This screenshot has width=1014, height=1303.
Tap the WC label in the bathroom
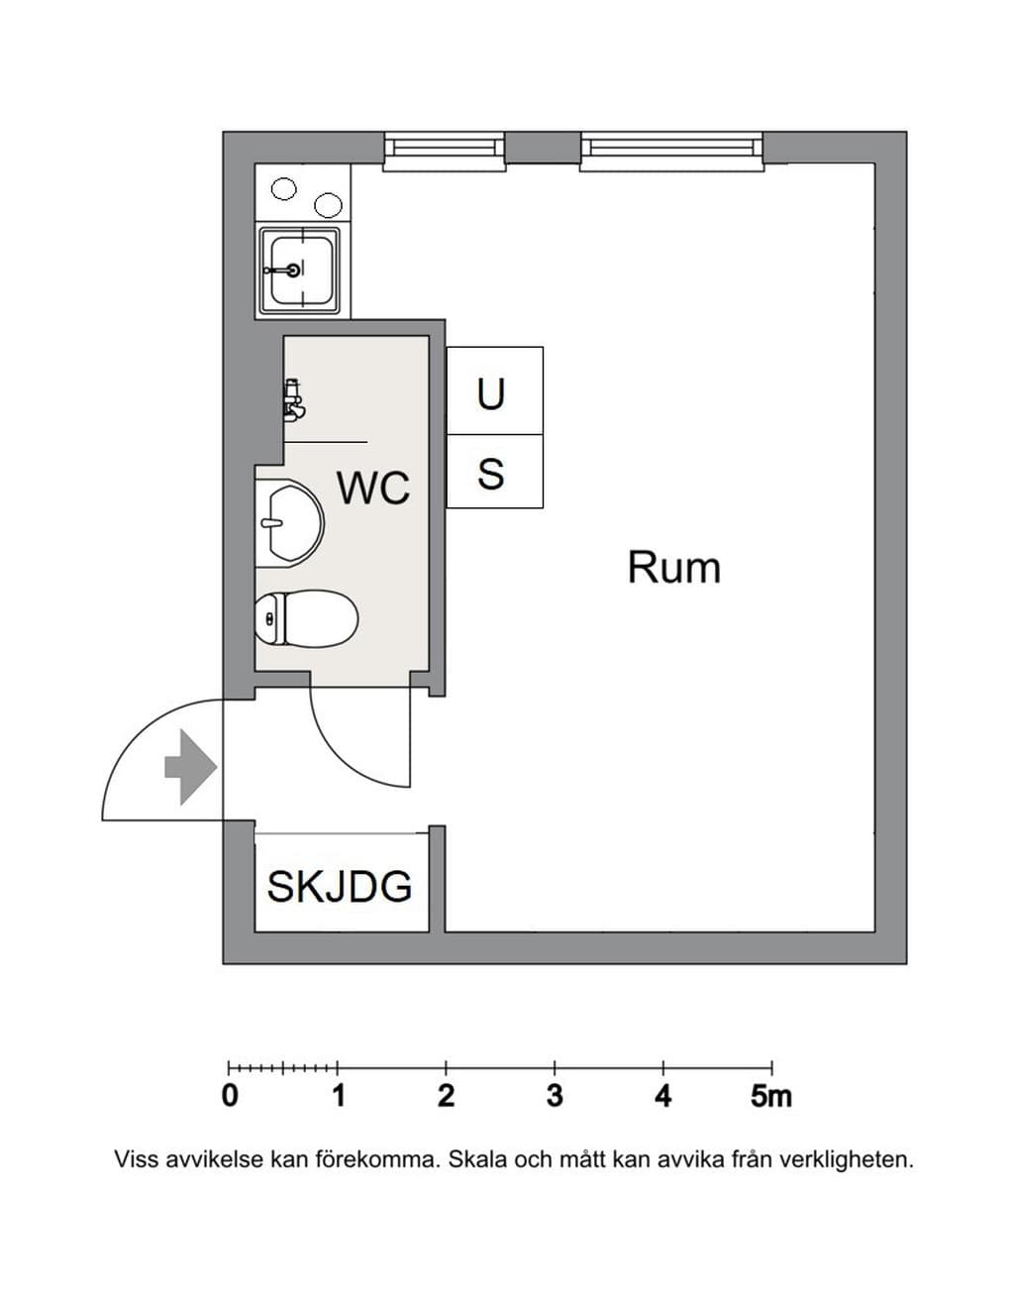point(373,488)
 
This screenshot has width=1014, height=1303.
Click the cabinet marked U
point(495,390)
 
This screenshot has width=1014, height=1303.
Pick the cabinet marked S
point(495,472)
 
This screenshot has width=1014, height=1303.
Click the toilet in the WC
point(306,619)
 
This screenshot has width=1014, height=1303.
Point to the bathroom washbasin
point(290,523)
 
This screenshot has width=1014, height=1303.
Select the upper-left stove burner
point(283,189)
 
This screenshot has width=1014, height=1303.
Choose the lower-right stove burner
point(329,206)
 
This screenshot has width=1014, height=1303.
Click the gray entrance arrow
point(190,767)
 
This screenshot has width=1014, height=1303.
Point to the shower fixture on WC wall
point(294,398)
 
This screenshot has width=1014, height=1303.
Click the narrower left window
point(444,151)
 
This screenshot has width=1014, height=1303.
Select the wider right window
point(671,151)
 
